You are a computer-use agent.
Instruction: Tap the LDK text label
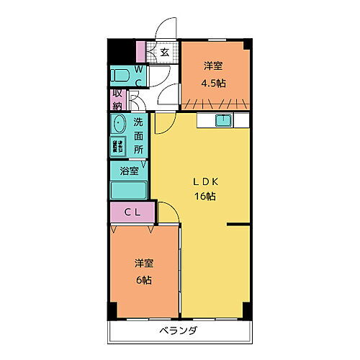pyautogui.click(x=204, y=181)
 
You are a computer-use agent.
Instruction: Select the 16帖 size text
pyautogui.click(x=204, y=196)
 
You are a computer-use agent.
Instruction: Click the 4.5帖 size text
pyautogui.click(x=213, y=83)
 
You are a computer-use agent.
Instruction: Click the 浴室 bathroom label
pyautogui.click(x=129, y=173)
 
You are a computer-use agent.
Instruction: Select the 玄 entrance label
pyautogui.click(x=165, y=52)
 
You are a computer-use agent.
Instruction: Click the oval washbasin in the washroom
pyautogui.click(x=119, y=125)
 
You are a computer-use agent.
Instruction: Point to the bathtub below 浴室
pyautogui.click(x=128, y=191)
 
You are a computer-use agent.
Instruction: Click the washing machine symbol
pyautogui.click(x=117, y=147)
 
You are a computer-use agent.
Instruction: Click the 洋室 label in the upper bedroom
pyautogui.click(x=213, y=66)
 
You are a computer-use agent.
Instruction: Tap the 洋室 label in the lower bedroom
pyautogui.click(x=145, y=263)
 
